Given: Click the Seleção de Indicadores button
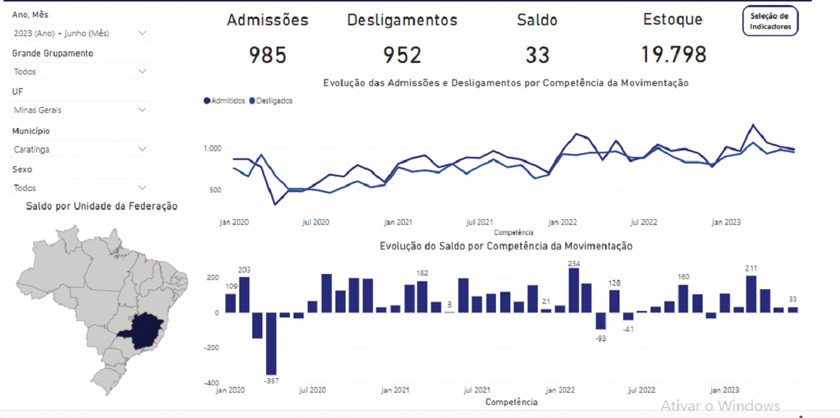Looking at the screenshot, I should click(771, 21).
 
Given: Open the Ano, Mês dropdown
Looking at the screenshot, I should click(80, 33).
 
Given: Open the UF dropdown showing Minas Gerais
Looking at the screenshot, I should click(80, 110).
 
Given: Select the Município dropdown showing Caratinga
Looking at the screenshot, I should click(80, 149).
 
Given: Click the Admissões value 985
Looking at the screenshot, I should click(267, 55).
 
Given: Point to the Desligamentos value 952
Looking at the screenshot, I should click(402, 55).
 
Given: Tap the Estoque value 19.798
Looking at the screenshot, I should click(673, 54).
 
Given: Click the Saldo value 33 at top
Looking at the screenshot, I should click(537, 55).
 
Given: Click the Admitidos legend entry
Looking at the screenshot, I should click(225, 101).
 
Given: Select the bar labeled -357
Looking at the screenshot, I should click(271, 344).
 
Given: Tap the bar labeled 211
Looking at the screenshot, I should click(751, 294).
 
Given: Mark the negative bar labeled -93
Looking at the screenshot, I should click(601, 320).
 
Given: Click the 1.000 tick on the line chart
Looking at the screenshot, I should click(212, 149).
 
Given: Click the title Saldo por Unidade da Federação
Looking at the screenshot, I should click(101, 206).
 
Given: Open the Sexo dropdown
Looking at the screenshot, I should click(80, 187).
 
